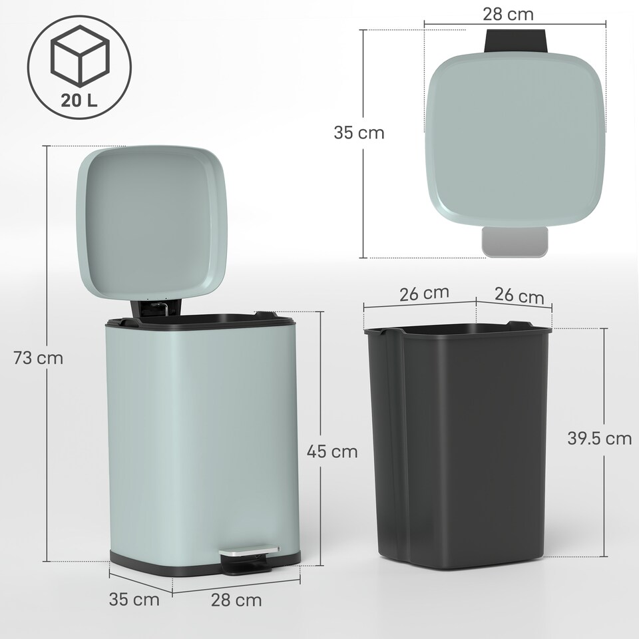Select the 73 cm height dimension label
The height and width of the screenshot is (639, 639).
(x=39, y=358)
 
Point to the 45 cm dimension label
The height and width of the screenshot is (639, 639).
(x=332, y=452)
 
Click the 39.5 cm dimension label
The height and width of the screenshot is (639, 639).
(x=598, y=438)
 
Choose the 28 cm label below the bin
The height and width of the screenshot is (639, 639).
(x=236, y=600)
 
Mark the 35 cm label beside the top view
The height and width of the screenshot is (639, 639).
(x=359, y=132)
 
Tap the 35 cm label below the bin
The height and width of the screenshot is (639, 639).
(x=134, y=599)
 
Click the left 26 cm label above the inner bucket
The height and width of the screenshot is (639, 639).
(x=425, y=292)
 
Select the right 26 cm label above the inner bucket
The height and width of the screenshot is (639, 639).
(x=520, y=296)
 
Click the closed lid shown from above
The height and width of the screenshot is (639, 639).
(x=516, y=136)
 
